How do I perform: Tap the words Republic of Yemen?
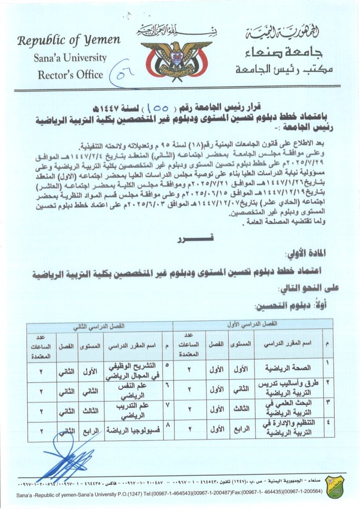click(69, 40)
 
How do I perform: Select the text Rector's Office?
click(70, 75)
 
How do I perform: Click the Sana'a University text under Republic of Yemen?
click(70, 58)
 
